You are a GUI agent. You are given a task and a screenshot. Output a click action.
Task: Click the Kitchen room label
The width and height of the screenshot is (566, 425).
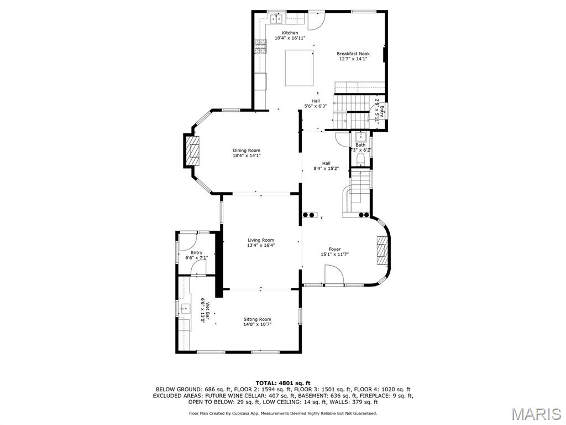point(290,33)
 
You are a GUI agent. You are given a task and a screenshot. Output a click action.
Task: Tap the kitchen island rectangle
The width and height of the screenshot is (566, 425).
point(299,68)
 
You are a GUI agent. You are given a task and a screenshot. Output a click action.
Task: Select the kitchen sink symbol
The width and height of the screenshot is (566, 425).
point(276,20)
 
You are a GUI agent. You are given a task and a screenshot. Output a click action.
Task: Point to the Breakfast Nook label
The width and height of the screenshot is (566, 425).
point(353,54)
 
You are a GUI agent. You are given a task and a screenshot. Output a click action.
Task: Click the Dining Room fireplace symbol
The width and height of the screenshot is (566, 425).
point(193,151)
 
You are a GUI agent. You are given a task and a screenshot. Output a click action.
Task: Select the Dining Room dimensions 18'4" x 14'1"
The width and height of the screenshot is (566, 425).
point(247,156)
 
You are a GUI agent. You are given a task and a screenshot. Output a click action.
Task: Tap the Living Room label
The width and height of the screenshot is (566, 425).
point(261,240)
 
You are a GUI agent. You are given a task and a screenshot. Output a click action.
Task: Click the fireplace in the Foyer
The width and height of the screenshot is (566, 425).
point(382,252)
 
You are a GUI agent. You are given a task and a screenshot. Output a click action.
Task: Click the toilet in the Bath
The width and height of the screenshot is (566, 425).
point(360,159)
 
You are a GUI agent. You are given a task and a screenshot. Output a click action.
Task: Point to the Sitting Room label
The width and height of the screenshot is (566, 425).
point(258,319)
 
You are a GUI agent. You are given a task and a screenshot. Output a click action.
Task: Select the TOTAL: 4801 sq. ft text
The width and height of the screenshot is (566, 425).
point(283,383)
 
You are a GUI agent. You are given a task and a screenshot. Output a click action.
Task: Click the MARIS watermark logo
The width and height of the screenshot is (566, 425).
point(536,414)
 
